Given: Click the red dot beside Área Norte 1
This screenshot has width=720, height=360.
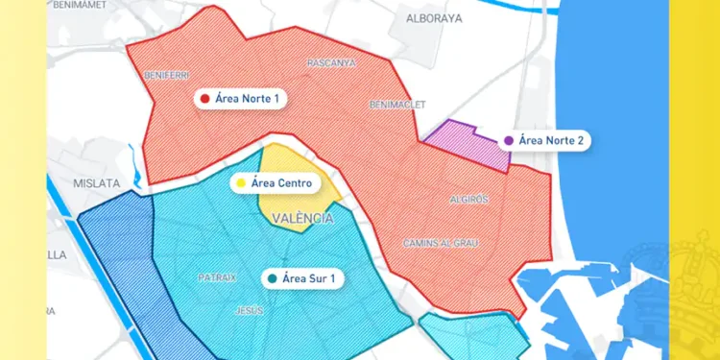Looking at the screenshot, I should click(x=204, y=98).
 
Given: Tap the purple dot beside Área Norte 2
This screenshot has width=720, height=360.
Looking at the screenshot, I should click(x=507, y=140).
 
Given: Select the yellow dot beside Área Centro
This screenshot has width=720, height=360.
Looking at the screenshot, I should click(x=240, y=182).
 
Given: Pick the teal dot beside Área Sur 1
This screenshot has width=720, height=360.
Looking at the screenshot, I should click(x=274, y=278).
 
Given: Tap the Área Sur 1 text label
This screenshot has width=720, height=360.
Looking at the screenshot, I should click(x=312, y=278).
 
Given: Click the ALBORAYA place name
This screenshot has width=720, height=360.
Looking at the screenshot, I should click(x=434, y=18).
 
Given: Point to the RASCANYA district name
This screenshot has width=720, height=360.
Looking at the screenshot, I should click(x=331, y=63).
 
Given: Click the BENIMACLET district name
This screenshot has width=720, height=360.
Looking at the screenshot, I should click(x=396, y=105).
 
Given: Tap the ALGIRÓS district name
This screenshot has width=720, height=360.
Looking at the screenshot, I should click(x=469, y=200).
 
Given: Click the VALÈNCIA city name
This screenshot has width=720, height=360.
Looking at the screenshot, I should click(x=302, y=219).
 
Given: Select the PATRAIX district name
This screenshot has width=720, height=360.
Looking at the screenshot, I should click(x=217, y=277).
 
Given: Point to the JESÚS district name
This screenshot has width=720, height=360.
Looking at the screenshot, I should click(x=250, y=311).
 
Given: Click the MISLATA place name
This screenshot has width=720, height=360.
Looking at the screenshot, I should click(x=97, y=182).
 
